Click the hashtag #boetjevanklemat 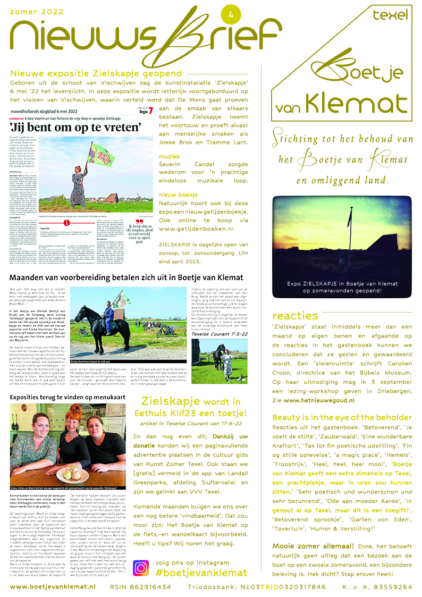(x=201, y=573)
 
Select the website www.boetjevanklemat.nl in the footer (x=52, y=586)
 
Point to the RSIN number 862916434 (x=140, y=586)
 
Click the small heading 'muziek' (x=170, y=156)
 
